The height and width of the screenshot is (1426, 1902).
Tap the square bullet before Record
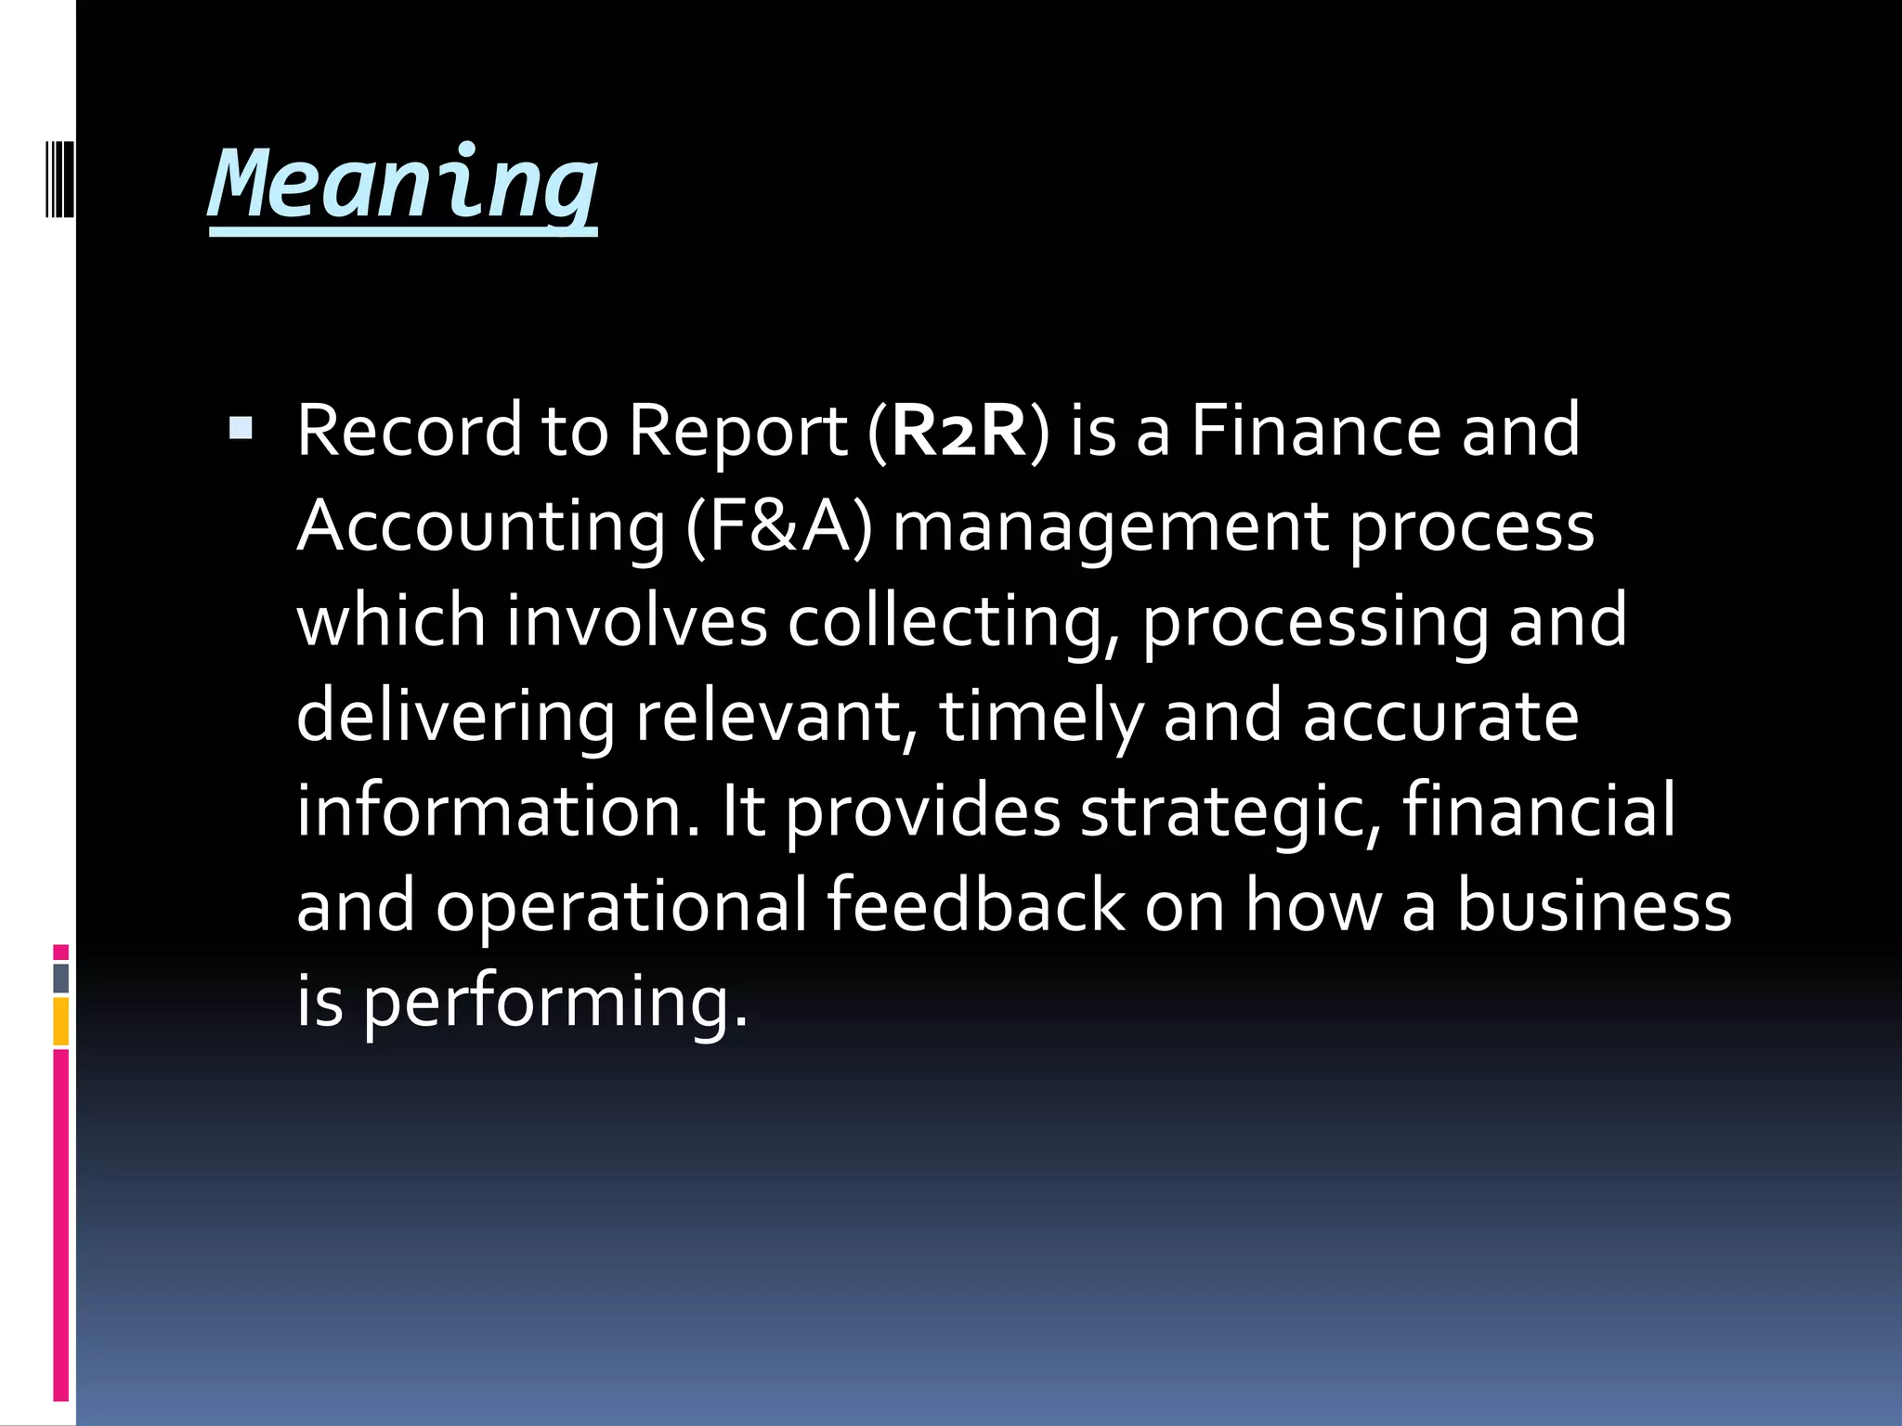(x=241, y=428)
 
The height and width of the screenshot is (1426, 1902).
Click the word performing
(x=554, y=1003)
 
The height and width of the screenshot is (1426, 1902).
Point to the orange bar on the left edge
(x=60, y=1021)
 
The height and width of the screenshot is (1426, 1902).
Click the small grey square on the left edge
(x=60, y=979)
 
